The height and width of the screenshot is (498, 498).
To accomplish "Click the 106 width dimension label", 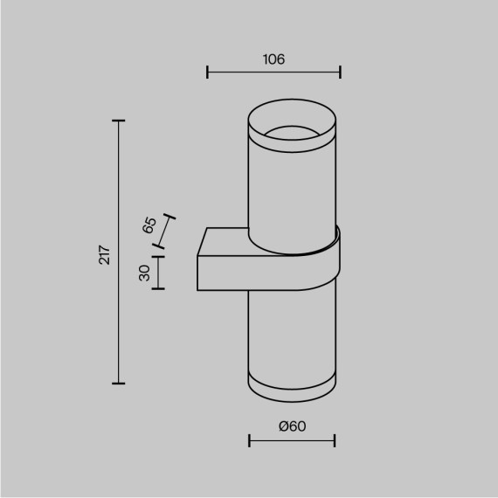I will pos(273,59).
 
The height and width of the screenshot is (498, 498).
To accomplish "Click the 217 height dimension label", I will pos(104,253).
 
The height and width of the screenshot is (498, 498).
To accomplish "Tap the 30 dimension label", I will pos(145,273).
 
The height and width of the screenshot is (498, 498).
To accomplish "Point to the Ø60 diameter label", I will pos(292,425).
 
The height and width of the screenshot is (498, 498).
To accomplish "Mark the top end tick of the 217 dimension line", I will pos(119,121).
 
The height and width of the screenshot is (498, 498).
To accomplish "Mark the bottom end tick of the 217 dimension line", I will pos(119,383).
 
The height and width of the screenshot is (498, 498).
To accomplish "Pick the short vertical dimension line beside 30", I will pos(158,272).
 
